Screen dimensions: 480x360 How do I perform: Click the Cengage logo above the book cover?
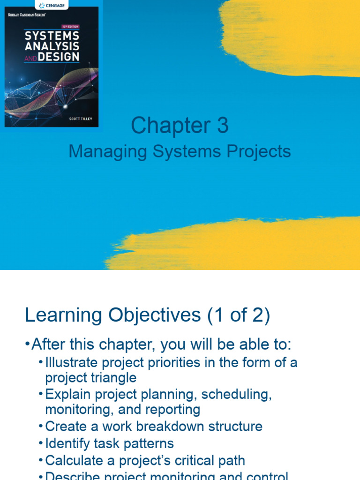click(x=51, y=5)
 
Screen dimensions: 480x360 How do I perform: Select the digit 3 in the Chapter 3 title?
click(x=222, y=126)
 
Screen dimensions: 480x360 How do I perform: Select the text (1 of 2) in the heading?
click(x=239, y=315)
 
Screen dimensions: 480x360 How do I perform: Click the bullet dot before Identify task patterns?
click(x=41, y=443)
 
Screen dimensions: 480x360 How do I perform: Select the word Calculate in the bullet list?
click(x=75, y=460)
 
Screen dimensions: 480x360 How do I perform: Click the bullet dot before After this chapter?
click(x=27, y=345)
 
